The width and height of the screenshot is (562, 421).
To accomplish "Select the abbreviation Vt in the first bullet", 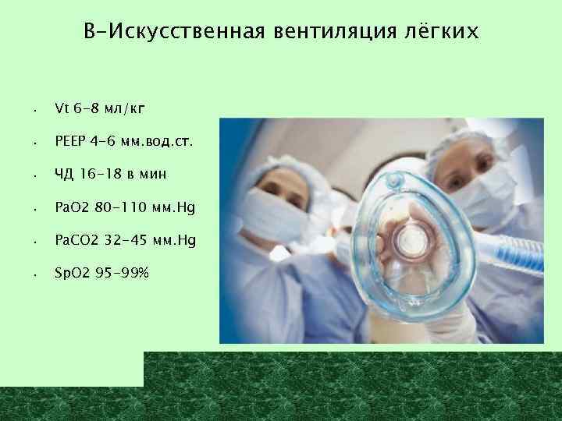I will pos(62,109).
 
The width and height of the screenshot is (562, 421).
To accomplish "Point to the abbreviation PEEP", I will pos(72,143).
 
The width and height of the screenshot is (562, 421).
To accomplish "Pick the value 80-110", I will pos(122,209).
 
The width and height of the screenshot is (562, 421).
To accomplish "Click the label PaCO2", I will pos(76,242).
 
